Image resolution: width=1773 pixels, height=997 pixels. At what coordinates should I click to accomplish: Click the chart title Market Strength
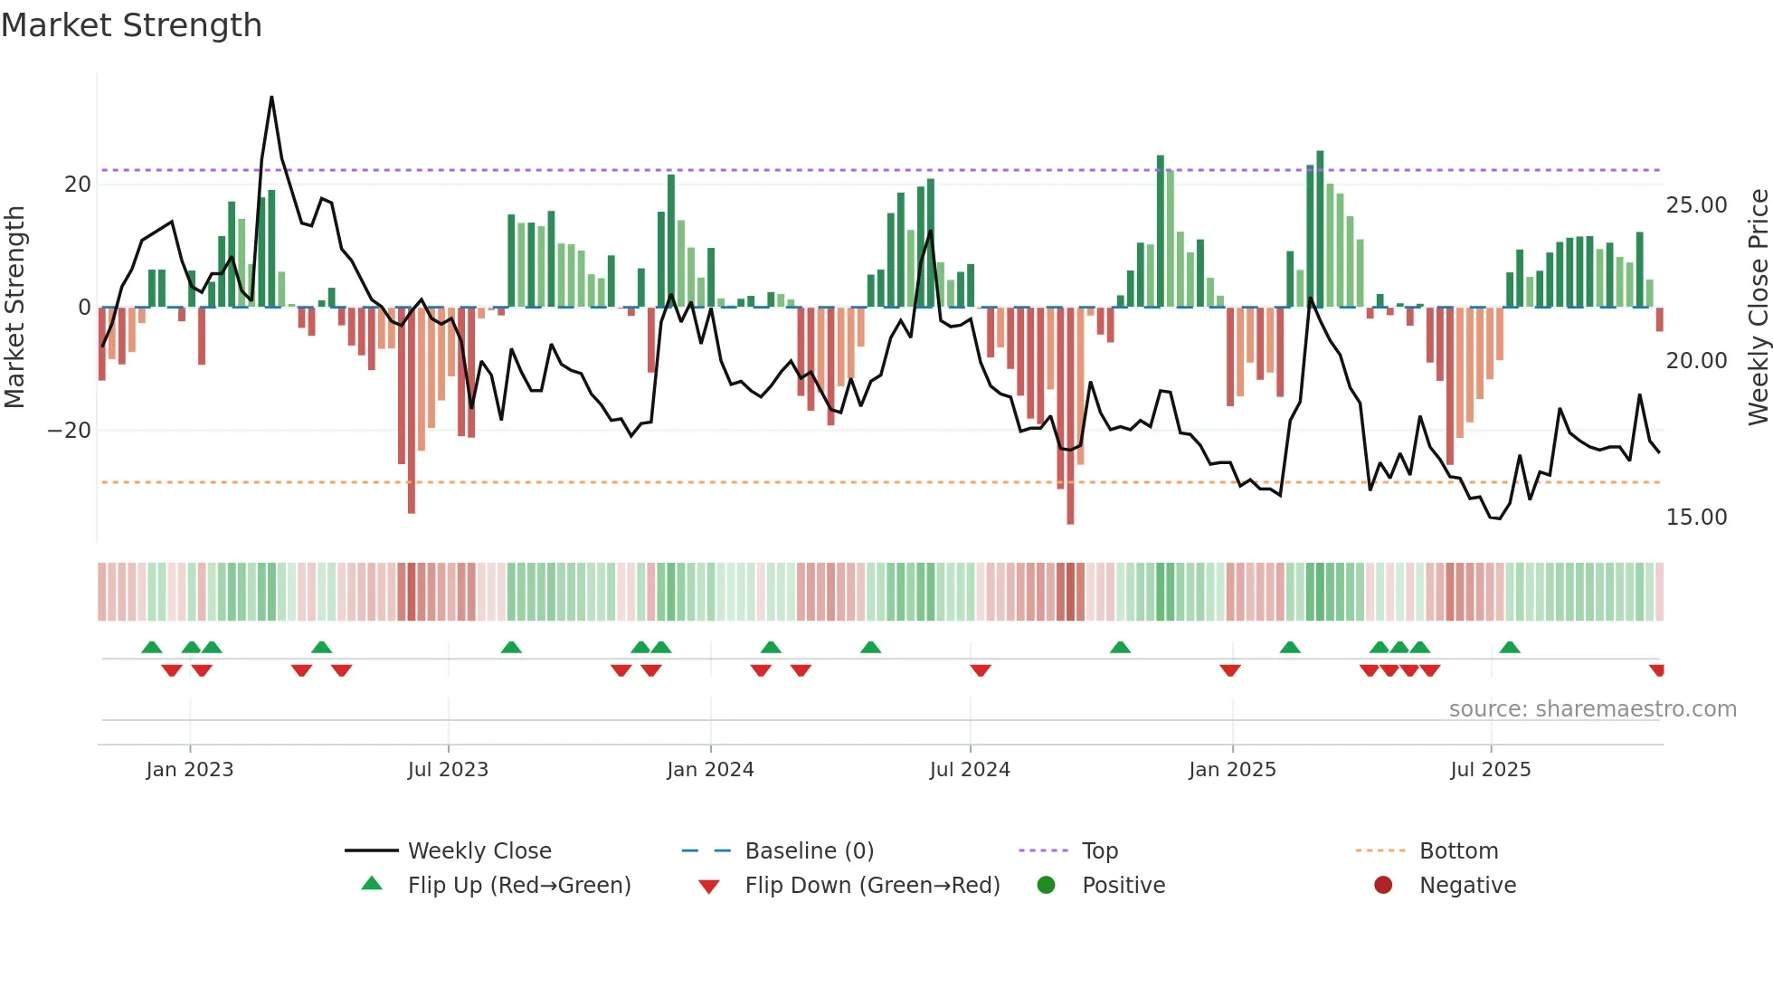pos(131,25)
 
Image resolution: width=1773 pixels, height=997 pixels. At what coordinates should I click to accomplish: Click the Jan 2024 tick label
pos(710,770)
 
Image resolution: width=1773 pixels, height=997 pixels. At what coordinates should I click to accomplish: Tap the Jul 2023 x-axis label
pos(448,770)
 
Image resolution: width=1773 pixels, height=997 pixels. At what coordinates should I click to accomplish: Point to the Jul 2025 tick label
pos(1490,770)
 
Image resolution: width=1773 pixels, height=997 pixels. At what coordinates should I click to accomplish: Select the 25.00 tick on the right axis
pos(1696,205)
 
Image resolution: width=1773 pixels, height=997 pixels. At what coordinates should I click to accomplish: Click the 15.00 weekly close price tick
pos(1696,517)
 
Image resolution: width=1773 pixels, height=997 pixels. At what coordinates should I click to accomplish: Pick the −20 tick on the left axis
pos(70,431)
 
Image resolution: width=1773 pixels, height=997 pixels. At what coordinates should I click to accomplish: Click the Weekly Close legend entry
pos(479,851)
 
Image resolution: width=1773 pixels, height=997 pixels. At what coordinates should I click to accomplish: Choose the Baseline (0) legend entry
pos(809,851)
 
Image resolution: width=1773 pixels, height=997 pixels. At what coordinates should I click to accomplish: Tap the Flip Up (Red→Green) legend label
pos(518,886)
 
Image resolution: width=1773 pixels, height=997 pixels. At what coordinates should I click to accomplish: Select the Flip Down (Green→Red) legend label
pos(872,886)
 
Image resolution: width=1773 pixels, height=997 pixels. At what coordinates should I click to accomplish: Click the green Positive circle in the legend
pos(1047,886)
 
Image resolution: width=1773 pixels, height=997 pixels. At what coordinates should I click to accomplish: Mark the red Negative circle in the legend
pos(1383,886)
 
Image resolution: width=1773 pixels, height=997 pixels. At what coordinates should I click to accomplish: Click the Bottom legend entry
pos(1458,851)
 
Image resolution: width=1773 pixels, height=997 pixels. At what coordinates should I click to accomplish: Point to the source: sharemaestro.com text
pos(1592,709)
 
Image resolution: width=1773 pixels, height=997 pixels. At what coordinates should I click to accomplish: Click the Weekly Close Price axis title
pos(1758,308)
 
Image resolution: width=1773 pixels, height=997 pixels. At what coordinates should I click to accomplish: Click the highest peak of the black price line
pos(271,98)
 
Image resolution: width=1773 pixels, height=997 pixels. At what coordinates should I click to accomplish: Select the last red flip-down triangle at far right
pos(1656,670)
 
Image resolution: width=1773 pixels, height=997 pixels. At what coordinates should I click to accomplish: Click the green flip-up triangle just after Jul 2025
pos(1509,647)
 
